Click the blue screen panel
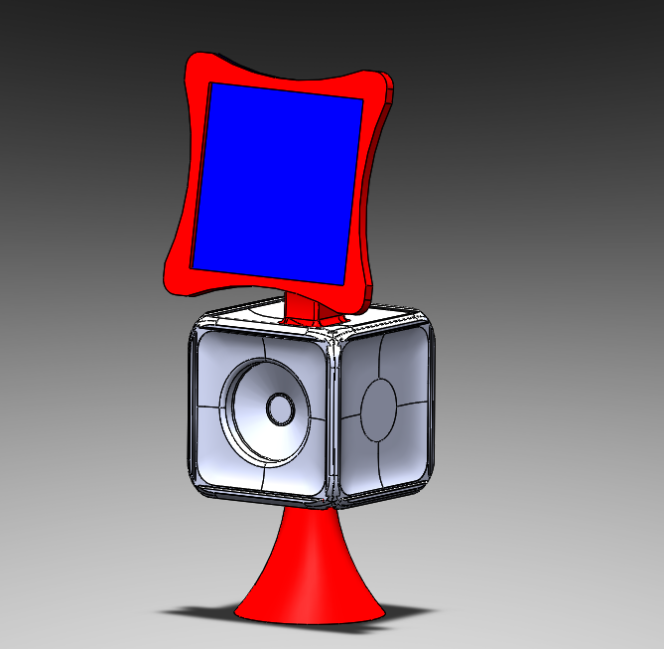pos(278,179)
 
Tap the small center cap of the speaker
pos(279,408)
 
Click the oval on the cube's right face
pos(379,408)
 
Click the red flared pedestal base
pos(311,576)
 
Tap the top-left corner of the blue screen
pos(211,85)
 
